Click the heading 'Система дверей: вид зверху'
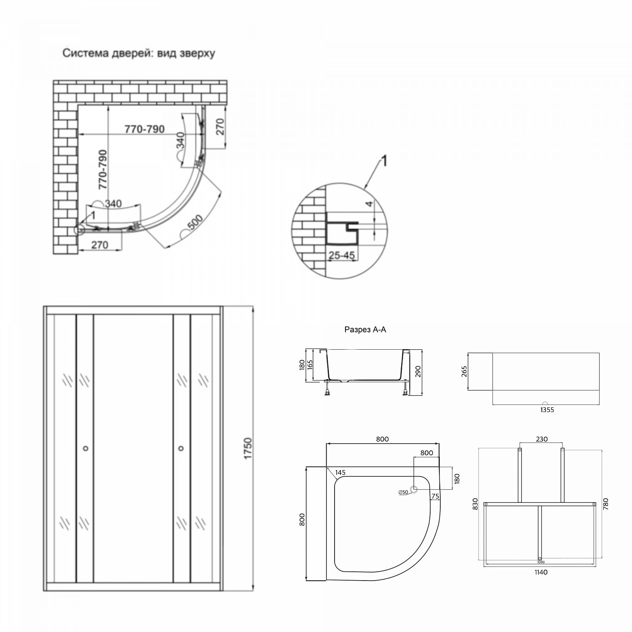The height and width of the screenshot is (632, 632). click(139, 54)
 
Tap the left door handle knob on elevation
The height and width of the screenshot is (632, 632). click(86, 448)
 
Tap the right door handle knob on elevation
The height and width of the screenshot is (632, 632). click(181, 448)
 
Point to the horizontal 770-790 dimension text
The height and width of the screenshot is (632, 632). click(145, 129)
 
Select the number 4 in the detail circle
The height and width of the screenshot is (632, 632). click(369, 204)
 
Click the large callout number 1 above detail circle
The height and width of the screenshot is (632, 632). click(384, 162)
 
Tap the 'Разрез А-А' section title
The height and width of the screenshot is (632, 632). click(365, 330)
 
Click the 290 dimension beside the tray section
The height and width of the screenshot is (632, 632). click(418, 372)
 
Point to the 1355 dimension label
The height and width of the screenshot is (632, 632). click(546, 410)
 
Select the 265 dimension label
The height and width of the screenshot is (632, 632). click(464, 372)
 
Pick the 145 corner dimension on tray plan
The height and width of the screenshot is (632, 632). click(341, 472)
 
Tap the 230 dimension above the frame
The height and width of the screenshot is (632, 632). click(541, 439)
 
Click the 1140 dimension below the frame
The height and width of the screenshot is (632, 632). click(541, 572)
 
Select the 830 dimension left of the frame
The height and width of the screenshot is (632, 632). click(476, 504)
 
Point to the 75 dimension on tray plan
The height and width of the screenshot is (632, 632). click(435, 496)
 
